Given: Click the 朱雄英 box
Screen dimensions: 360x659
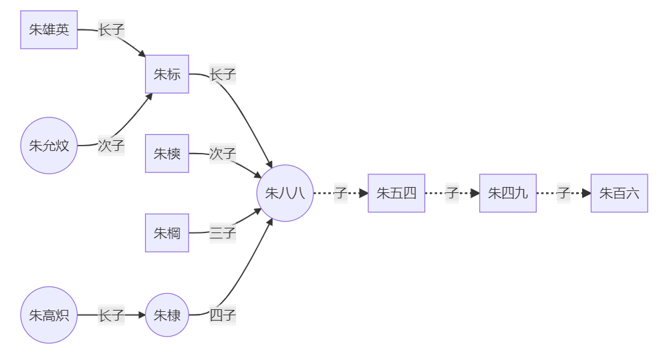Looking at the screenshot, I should tap(49, 30).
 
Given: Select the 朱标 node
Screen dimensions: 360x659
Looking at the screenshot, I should tap(167, 74).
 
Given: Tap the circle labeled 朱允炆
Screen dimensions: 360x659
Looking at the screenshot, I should tap(49, 146).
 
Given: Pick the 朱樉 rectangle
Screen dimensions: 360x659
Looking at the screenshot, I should tap(167, 154).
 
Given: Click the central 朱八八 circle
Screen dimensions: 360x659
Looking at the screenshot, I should tap(285, 193).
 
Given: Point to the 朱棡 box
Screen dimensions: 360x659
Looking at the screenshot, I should tap(167, 233).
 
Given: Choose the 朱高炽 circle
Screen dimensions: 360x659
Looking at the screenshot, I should tap(49, 315).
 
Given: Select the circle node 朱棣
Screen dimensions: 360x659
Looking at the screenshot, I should tap(167, 315).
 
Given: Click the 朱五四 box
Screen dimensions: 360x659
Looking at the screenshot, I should tap(396, 193).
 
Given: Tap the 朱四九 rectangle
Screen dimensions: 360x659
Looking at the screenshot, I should tap(508, 193).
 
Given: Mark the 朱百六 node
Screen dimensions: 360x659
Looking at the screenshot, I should tap(619, 193).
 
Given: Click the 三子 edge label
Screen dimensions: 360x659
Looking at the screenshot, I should tap(223, 233).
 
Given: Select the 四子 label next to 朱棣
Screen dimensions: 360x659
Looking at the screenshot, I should tap(223, 315).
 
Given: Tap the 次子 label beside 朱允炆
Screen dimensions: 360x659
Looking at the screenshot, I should tap(111, 146).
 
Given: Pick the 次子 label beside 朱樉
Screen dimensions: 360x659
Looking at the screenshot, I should tap(223, 154).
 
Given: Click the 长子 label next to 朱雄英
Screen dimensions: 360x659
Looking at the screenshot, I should tap(111, 30).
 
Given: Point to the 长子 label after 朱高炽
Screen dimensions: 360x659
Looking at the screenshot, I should tap(111, 315).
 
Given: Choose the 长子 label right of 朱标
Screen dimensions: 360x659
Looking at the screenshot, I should tap(223, 74).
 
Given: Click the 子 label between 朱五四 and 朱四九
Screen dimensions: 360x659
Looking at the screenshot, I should tap(452, 193).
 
